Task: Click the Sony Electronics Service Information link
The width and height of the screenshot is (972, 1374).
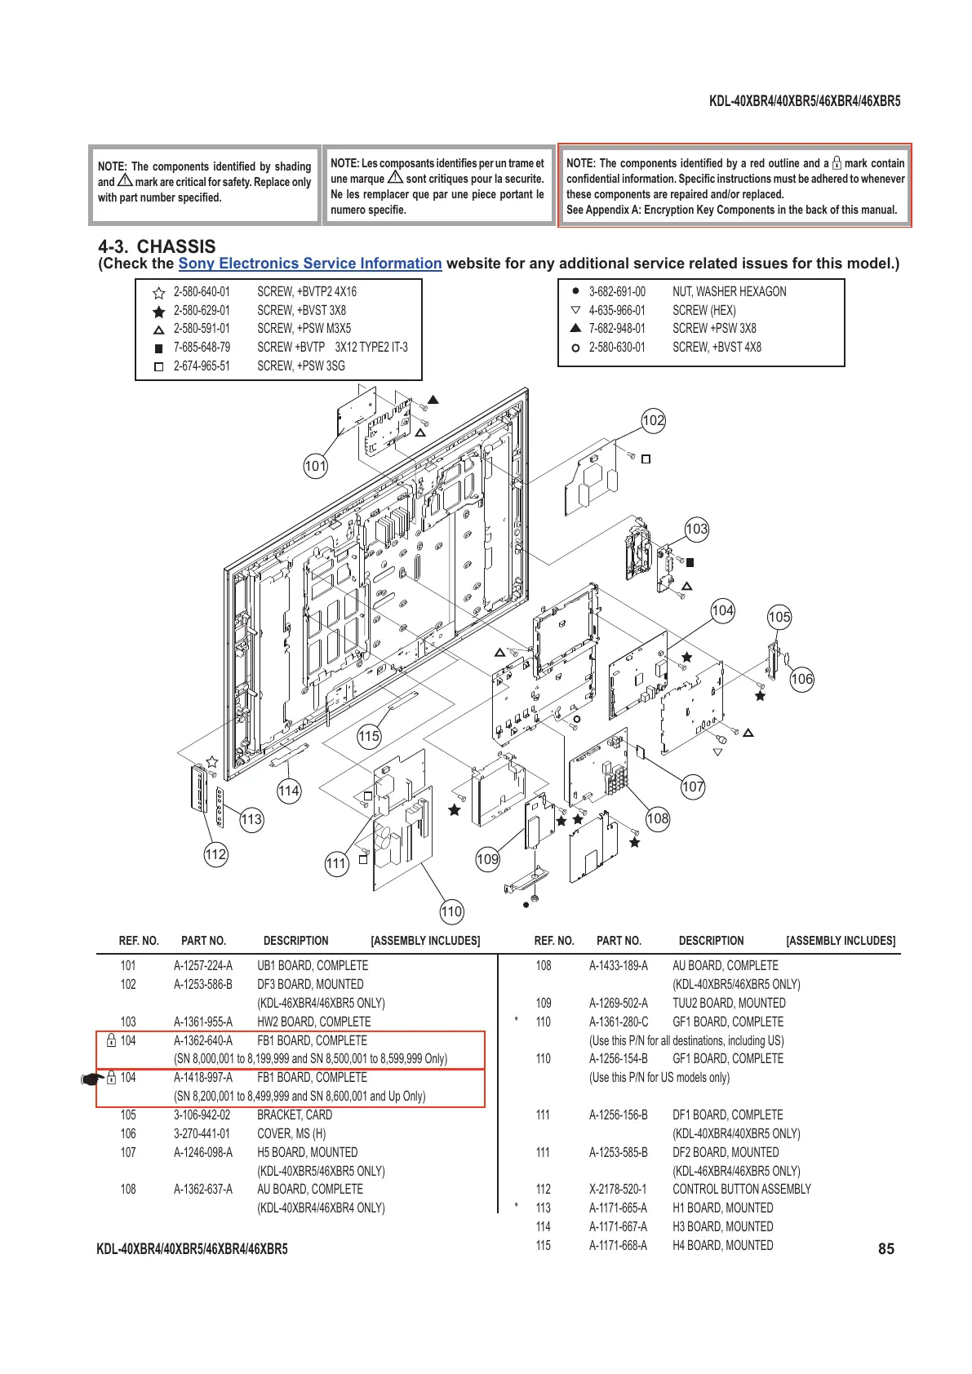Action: pos(310,264)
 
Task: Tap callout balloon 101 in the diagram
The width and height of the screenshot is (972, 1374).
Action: pos(315,467)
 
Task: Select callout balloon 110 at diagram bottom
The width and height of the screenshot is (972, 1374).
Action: pos(451,911)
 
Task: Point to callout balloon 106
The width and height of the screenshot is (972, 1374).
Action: pos(802,679)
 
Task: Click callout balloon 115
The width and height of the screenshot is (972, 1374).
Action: pos(369,736)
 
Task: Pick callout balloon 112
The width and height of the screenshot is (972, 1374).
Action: pos(215,854)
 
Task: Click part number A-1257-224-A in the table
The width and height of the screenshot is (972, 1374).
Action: pos(203,965)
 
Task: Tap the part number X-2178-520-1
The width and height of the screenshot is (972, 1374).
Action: pos(618,1189)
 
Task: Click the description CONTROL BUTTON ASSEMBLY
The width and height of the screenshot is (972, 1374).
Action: pos(742,1189)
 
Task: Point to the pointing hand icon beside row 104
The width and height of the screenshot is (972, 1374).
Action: pos(91,1079)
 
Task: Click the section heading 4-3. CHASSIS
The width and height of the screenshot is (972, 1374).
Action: pos(157,246)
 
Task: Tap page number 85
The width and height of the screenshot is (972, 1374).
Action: pos(886,1248)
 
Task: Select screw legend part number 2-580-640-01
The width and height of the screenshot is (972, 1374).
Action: pos(202,291)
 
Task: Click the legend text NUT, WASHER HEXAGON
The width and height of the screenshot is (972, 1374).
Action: pos(730,291)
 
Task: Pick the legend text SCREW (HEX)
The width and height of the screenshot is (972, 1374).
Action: pos(704,310)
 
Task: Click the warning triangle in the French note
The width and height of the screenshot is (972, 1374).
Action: pos(395,178)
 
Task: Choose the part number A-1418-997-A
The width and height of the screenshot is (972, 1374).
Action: pos(203,1077)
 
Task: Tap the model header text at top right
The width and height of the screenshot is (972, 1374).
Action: pos(805,101)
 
